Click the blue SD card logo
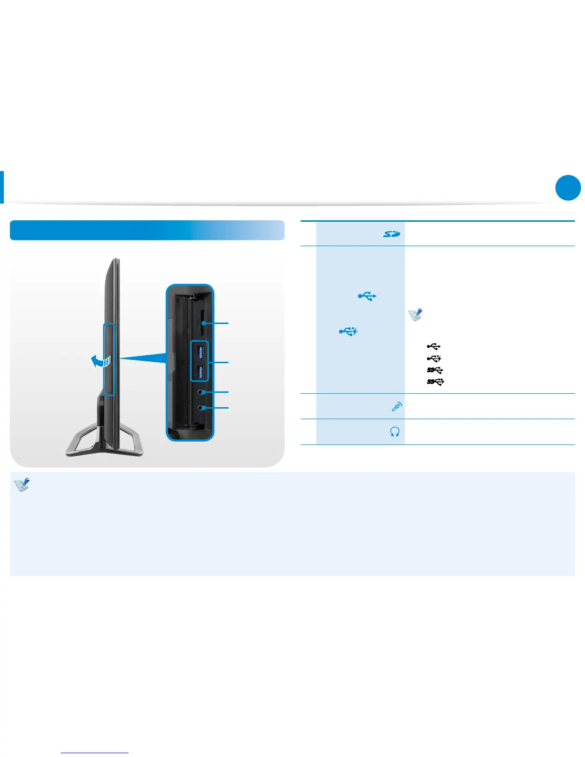[x=391, y=234]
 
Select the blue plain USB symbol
[x=367, y=297]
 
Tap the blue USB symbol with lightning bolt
[x=348, y=331]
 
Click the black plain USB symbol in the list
[x=433, y=346]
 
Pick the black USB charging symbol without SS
[x=433, y=358]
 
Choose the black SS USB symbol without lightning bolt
[x=435, y=370]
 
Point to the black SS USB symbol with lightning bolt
[x=435, y=381]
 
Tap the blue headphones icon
[x=395, y=432]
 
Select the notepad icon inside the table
[x=415, y=314]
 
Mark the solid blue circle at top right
[x=568, y=188]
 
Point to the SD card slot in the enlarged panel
[x=204, y=324]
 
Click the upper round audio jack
[x=205, y=392]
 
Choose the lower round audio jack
[x=205, y=408]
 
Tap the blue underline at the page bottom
[x=95, y=753]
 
